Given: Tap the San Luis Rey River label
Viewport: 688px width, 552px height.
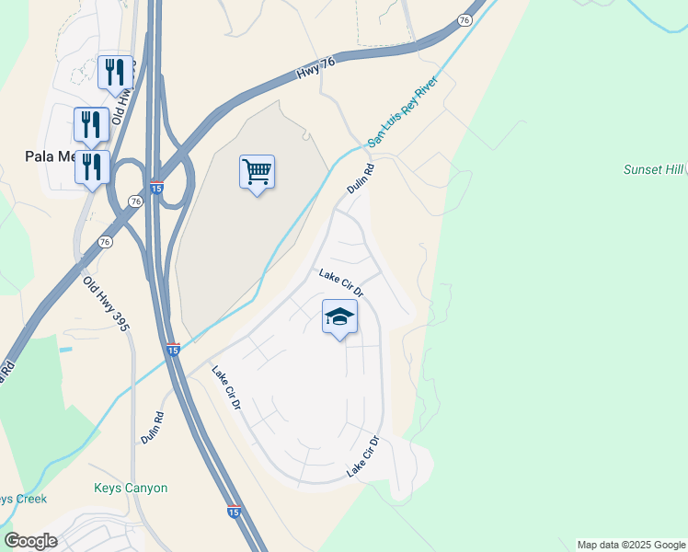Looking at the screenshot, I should [404, 110].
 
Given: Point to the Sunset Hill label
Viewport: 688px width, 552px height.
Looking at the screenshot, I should [654, 170].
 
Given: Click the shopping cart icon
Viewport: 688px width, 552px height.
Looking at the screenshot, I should [258, 171].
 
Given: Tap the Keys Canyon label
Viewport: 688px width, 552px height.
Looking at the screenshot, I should [131, 488].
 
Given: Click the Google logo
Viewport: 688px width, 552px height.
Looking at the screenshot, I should [30, 541].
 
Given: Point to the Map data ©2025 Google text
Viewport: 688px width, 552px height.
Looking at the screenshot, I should [631, 545].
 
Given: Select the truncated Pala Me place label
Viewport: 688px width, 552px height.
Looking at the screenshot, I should [54, 156].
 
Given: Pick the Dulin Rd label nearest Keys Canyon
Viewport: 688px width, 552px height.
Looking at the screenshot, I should [153, 428].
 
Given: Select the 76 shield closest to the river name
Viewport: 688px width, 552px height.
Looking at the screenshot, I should [464, 19].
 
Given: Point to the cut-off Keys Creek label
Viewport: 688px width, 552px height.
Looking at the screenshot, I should [17, 499].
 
